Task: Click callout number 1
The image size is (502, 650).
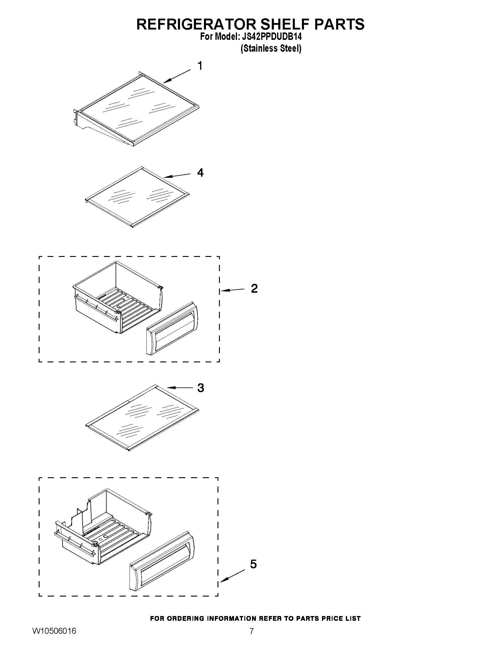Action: [200, 66]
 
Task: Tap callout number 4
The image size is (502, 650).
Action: [200, 173]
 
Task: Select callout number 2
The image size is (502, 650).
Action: [254, 289]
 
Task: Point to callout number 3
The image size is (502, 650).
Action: [201, 388]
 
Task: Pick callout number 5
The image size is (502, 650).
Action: [253, 564]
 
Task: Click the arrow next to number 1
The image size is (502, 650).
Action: [177, 76]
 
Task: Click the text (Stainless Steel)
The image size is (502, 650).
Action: [271, 48]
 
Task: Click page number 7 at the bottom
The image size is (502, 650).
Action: [251, 639]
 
